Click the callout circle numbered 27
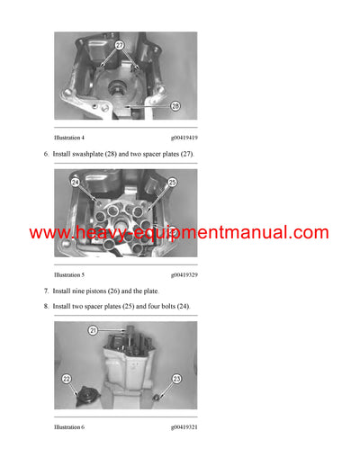coord(120,44)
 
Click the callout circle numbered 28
coord(175,105)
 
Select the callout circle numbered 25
coord(172,183)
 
